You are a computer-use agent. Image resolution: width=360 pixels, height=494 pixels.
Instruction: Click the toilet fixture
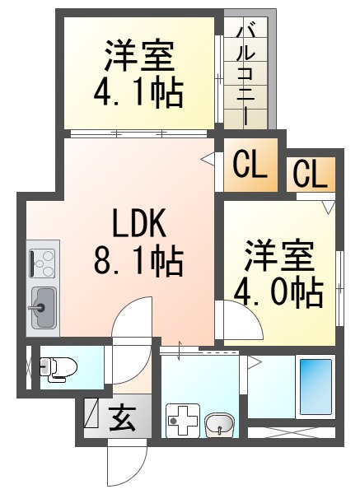[58, 370]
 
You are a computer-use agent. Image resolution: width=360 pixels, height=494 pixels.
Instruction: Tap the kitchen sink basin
[43, 308]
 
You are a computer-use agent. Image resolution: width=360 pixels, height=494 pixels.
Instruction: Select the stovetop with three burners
[43, 263]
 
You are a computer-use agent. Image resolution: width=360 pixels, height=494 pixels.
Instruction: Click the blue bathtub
[316, 387]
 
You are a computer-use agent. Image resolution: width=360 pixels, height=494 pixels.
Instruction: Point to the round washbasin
[220, 425]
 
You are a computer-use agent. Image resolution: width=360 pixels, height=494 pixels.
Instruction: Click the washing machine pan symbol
[183, 420]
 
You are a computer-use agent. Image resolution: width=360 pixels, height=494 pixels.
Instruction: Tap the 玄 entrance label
[123, 417]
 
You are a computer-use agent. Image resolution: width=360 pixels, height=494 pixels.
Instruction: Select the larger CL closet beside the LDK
[250, 165]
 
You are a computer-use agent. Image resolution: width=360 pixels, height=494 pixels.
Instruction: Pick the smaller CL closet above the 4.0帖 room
[311, 175]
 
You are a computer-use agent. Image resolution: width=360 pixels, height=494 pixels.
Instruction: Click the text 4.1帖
[138, 92]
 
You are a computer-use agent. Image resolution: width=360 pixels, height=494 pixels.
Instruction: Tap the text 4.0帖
[278, 294]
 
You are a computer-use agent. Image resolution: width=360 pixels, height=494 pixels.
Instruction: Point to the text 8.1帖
[138, 263]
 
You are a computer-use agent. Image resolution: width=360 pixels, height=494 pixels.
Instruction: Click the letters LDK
[139, 224]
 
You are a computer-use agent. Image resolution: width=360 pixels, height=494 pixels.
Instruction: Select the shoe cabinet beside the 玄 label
[91, 413]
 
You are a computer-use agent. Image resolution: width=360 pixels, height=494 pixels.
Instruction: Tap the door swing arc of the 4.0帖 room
[252, 314]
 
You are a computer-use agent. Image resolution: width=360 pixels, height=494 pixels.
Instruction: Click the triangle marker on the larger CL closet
[208, 158]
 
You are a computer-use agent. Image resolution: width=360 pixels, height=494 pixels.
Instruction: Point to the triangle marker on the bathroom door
[255, 362]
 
